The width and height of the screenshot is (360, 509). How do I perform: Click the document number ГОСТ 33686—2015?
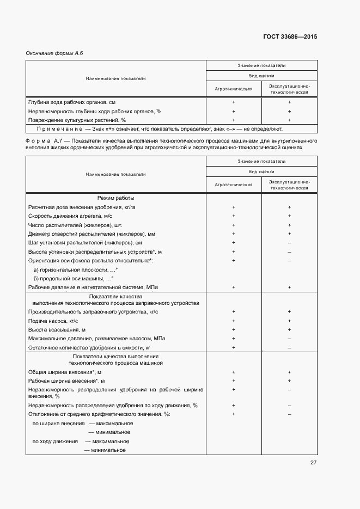tap(290, 37)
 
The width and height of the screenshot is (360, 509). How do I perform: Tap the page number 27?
tap(313, 463)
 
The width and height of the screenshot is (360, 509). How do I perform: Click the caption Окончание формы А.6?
tap(54, 53)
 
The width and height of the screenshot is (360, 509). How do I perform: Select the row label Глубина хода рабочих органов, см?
tap(71, 102)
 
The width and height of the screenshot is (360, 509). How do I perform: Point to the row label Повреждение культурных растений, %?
tap(77, 120)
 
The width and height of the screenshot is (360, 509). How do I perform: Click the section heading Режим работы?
tap(115, 198)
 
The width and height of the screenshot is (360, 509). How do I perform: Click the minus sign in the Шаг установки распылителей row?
tap(289, 243)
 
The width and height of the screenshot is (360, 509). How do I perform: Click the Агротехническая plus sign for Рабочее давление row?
tap(233, 287)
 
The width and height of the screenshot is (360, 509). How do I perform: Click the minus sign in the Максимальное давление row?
tap(289, 339)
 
